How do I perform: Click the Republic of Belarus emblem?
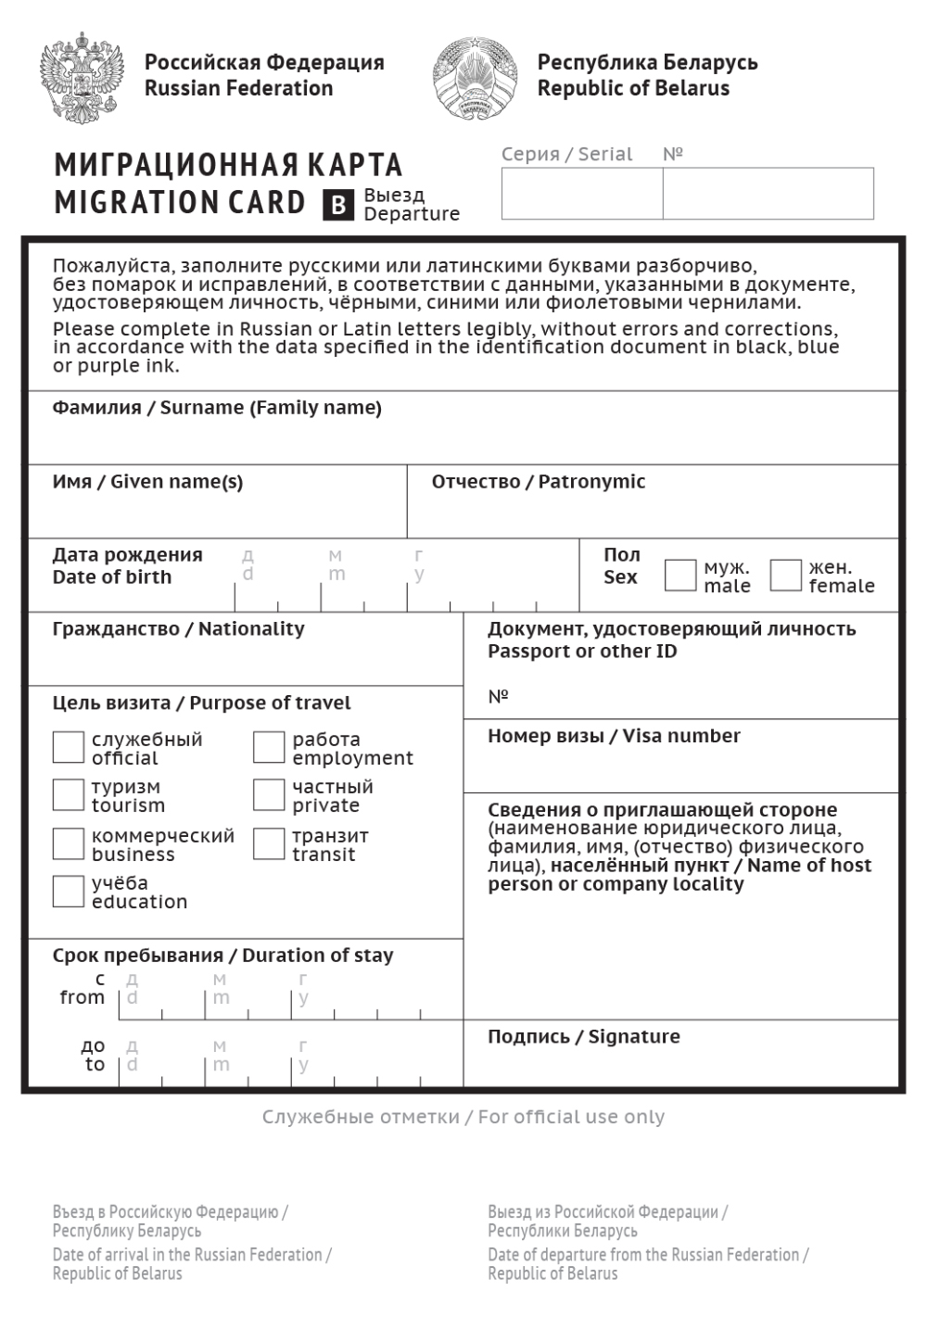pyautogui.click(x=475, y=78)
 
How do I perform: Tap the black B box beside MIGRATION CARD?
pyautogui.click(x=338, y=205)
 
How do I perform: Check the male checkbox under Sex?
pyautogui.click(x=679, y=576)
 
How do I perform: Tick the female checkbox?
pyautogui.click(x=785, y=576)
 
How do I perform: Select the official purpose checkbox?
pyautogui.click(x=69, y=747)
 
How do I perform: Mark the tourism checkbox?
pyautogui.click(x=69, y=794)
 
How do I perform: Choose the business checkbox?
pyautogui.click(x=69, y=843)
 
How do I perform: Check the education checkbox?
pyautogui.click(x=69, y=891)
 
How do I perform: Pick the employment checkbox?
pyautogui.click(x=269, y=747)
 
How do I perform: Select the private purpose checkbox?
pyautogui.click(x=269, y=794)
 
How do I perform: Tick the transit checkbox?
pyautogui.click(x=269, y=843)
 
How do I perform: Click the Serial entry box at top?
pyautogui.click(x=582, y=194)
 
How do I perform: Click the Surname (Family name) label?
pyautogui.click(x=217, y=408)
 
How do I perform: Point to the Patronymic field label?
pyautogui.click(x=538, y=482)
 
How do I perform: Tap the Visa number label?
pyautogui.click(x=614, y=736)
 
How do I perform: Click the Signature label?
pyautogui.click(x=584, y=1037)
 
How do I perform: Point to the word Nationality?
pyautogui.click(x=251, y=629)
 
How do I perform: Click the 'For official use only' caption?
pyautogui.click(x=463, y=1117)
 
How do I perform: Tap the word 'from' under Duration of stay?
pyautogui.click(x=83, y=997)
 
